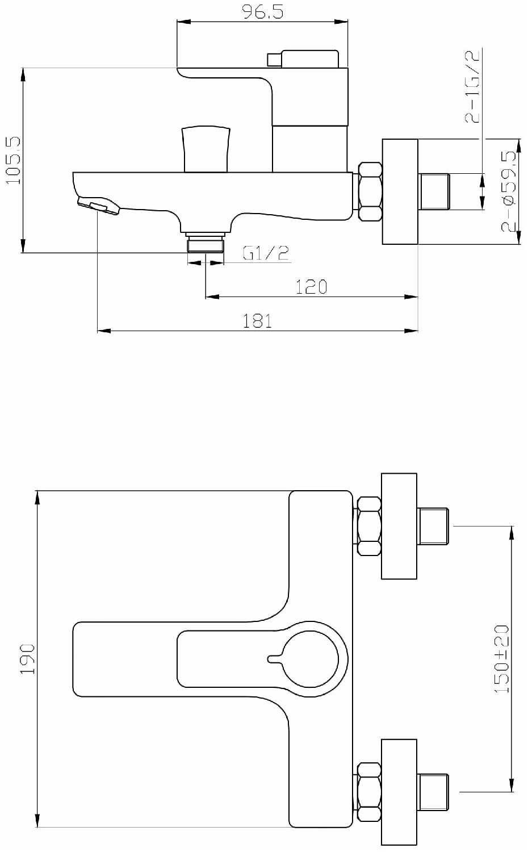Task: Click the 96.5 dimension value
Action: [x=263, y=12]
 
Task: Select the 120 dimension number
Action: [x=311, y=287]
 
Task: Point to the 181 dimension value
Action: [x=258, y=321]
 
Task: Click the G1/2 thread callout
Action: [x=266, y=253]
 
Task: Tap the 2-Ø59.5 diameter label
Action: [x=508, y=191]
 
